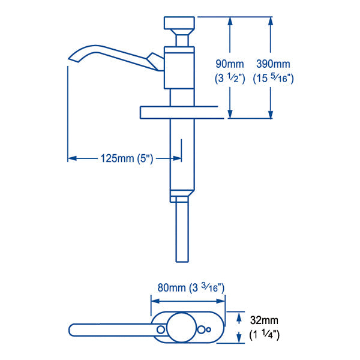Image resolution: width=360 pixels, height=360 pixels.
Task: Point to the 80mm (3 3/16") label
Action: (191, 287)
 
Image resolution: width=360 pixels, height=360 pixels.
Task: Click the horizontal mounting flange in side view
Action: (176, 112)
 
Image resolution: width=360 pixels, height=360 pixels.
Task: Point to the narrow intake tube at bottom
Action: (181, 232)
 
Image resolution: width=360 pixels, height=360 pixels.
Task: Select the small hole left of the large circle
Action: (160, 330)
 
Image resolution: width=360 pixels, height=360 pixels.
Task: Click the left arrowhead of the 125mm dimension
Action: (71, 158)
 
